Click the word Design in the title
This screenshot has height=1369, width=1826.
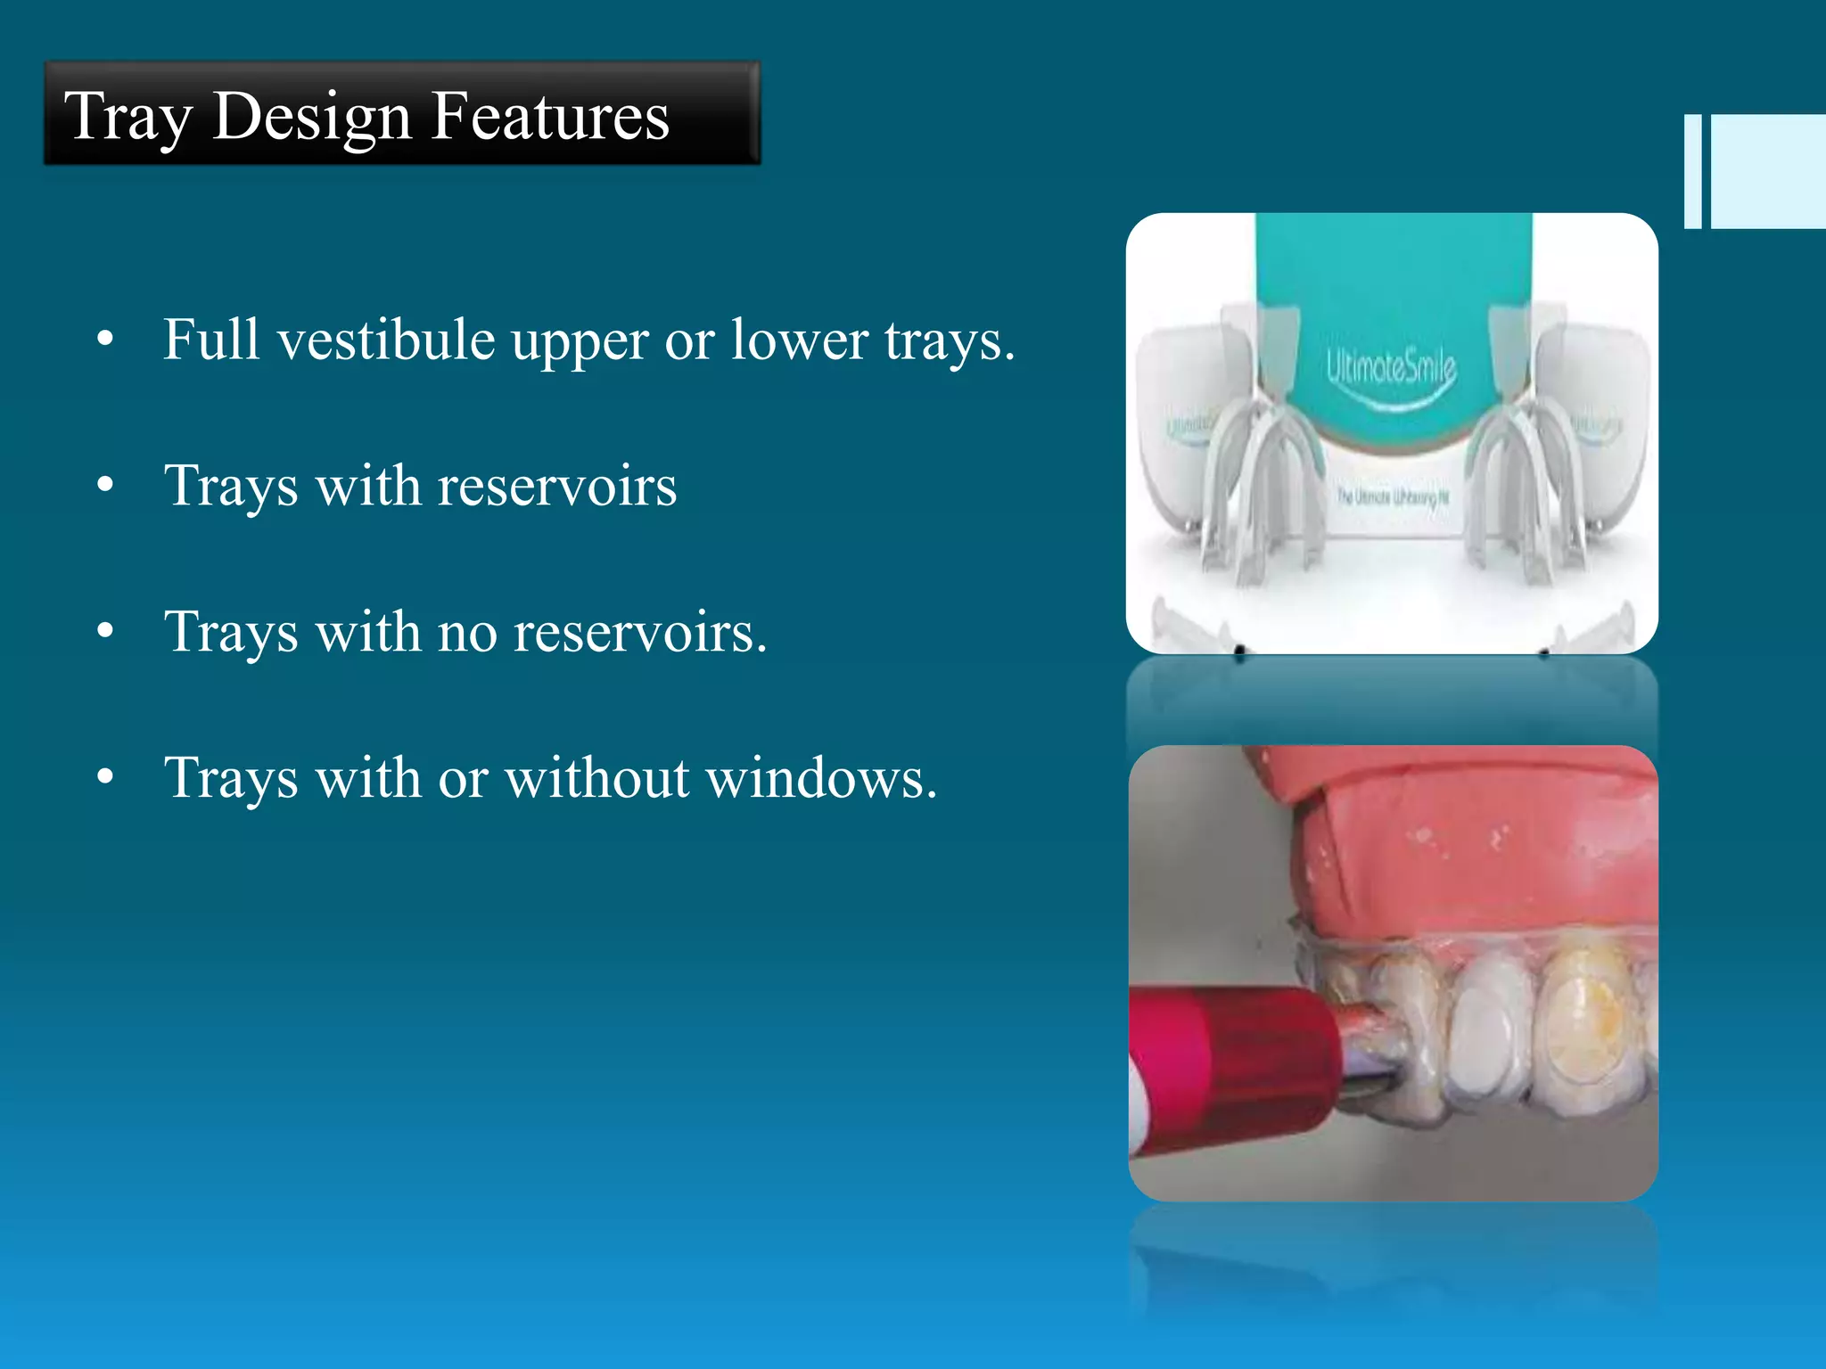311,117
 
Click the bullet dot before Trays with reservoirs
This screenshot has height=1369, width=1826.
105,486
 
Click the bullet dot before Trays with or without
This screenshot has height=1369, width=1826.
105,778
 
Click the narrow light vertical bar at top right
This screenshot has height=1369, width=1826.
1692,171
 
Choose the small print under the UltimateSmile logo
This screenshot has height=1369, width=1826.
1392,496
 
